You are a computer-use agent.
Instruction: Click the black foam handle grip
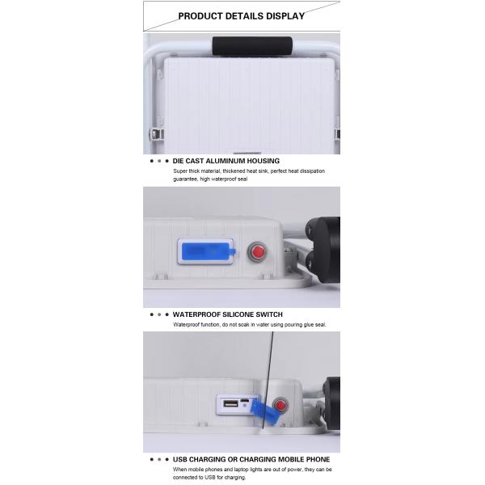(252, 46)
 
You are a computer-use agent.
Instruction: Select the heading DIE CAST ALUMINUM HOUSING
(226, 161)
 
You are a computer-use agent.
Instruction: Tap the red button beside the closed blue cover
(257, 252)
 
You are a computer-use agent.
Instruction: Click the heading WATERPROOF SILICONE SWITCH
(228, 314)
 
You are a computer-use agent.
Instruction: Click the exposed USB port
(230, 403)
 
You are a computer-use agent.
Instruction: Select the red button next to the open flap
(280, 405)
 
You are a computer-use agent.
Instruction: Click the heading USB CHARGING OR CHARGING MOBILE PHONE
(251, 459)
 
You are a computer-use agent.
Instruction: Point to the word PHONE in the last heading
(318, 459)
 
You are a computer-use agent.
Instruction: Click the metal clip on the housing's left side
(157, 134)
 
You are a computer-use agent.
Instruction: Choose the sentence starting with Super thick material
(249, 175)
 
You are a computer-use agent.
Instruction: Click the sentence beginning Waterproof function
(250, 324)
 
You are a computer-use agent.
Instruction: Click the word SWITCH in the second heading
(269, 314)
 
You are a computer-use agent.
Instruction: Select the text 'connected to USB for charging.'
(209, 477)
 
